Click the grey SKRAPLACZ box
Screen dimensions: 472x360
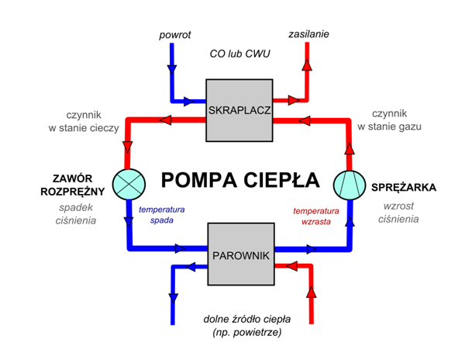(x=239, y=110)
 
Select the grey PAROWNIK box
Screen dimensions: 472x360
(x=241, y=254)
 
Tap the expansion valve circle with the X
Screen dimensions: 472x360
(x=129, y=184)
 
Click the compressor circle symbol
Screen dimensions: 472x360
(x=350, y=185)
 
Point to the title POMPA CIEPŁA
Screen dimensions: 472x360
(x=240, y=180)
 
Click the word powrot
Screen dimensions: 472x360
(x=175, y=35)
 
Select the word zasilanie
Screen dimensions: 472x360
(x=308, y=33)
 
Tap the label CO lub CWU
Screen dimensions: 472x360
(x=239, y=54)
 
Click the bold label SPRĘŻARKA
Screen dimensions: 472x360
(x=404, y=188)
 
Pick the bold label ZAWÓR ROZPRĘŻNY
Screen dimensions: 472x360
(x=73, y=185)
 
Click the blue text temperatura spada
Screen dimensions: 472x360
(x=162, y=214)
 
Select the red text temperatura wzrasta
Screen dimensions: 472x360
(x=316, y=216)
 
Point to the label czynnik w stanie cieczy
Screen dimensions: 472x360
(x=84, y=121)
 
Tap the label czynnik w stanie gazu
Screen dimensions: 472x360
(x=389, y=120)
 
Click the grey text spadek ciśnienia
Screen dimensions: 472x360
(x=76, y=214)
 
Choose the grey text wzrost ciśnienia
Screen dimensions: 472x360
(x=398, y=213)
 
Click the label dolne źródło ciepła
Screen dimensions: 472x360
(x=246, y=320)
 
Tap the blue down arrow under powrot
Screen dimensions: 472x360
(x=172, y=70)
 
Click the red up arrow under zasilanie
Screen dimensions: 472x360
(x=307, y=64)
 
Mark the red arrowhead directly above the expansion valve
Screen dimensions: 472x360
(x=128, y=147)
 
